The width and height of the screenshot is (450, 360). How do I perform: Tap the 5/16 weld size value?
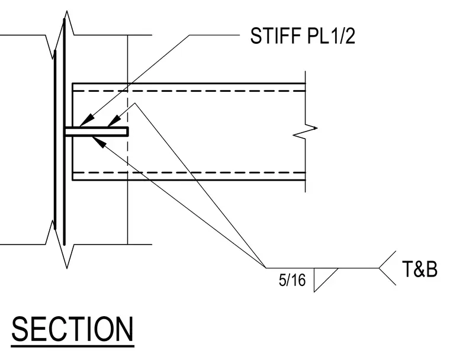click(292, 280)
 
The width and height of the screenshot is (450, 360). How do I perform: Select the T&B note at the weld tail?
click(420, 269)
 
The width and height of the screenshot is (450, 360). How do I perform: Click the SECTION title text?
click(73, 329)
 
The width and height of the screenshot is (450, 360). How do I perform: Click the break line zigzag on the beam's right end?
click(305, 131)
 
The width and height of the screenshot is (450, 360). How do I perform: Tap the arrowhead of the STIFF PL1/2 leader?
click(86, 120)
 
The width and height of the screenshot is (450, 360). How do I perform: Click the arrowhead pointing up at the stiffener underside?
click(99, 142)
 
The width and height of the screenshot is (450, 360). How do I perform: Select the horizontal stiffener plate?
click(97, 131)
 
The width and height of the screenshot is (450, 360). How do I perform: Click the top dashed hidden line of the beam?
click(189, 91)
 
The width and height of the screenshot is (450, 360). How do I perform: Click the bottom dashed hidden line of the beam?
click(189, 172)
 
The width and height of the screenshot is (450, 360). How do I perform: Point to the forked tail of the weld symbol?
click(387, 268)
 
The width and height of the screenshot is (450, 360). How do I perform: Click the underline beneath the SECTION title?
click(73, 346)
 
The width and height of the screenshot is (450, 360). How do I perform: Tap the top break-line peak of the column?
click(67, 11)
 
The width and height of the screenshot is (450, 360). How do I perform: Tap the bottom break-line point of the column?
click(67, 268)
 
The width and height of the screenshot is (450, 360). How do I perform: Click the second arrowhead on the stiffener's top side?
click(114, 121)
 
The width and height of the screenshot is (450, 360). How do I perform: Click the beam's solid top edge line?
click(189, 83)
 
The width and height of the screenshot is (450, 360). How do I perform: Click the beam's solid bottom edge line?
click(189, 180)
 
